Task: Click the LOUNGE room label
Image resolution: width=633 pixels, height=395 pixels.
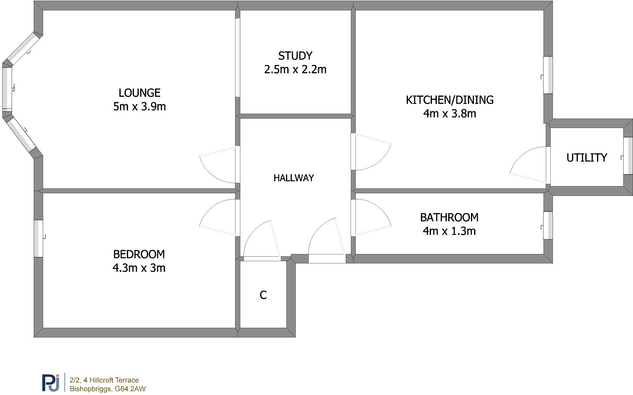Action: point(139,93)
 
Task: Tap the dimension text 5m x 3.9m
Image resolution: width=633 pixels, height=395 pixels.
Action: point(139,107)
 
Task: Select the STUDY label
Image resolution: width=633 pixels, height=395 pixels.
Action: point(295,56)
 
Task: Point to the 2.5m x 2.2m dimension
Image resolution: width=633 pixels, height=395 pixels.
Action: point(295,70)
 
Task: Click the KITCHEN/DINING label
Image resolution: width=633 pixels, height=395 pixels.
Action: point(449,100)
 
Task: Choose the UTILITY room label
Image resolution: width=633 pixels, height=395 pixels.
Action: point(587,158)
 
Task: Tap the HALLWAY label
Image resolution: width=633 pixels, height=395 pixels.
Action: point(293,178)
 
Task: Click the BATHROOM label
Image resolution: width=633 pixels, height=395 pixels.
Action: point(449,217)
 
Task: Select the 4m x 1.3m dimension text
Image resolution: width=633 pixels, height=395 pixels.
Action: point(449,231)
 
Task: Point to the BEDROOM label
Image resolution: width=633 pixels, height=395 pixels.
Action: point(139,254)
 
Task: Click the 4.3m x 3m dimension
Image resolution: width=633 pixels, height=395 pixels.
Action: point(139,268)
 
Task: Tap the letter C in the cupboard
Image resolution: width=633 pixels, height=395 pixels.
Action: point(263,295)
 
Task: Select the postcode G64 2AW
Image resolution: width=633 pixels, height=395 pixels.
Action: point(130,389)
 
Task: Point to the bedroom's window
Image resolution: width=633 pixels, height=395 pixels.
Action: point(39,238)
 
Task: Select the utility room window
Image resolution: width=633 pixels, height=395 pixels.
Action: point(628,156)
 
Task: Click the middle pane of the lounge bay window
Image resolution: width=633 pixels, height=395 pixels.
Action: point(7,88)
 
